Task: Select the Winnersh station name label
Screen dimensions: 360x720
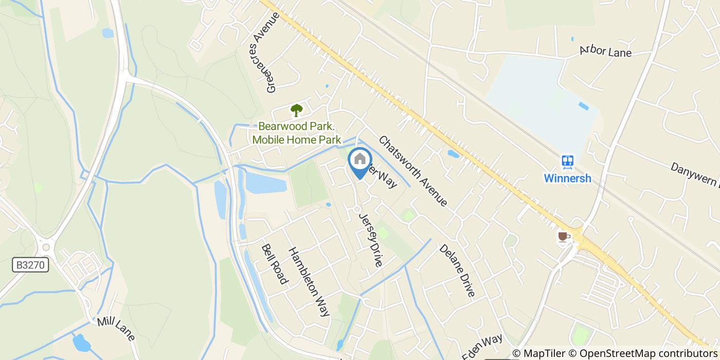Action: (x=568, y=179)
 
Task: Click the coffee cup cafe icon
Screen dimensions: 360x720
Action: (x=564, y=237)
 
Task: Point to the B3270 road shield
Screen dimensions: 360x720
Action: (x=31, y=265)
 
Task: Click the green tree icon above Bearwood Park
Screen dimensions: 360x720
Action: (x=296, y=110)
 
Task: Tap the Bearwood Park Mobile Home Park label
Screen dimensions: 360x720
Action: (x=296, y=133)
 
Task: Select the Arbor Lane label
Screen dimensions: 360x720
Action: (x=605, y=51)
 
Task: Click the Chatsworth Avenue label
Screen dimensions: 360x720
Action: (x=413, y=171)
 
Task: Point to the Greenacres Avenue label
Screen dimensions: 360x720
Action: (x=273, y=52)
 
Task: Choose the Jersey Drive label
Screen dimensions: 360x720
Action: (x=371, y=240)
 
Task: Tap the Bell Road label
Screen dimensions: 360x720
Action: (x=274, y=264)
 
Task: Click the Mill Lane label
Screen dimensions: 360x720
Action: (x=116, y=329)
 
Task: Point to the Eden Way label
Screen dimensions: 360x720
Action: (x=482, y=346)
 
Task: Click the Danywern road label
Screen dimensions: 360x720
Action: (x=694, y=173)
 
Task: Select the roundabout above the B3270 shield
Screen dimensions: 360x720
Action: (x=46, y=247)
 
